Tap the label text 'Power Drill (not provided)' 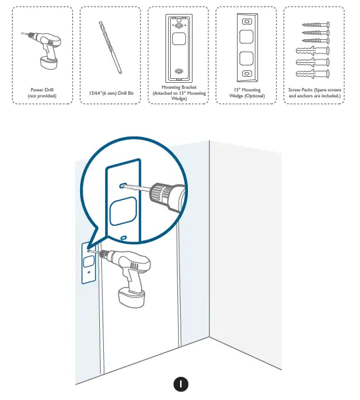[x=44, y=93]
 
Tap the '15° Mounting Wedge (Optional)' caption [x=247, y=93]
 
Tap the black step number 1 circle [x=179, y=383]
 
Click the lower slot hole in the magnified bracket [x=124, y=236]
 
